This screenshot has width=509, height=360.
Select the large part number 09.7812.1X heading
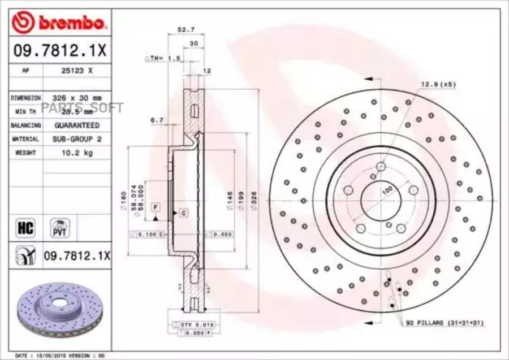[x=59, y=51]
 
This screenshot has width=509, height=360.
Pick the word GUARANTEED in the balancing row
[x=76, y=125]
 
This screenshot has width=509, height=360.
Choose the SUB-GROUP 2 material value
[x=76, y=138]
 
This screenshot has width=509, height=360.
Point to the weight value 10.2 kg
[x=76, y=153]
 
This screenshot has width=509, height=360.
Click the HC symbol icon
[x=26, y=228]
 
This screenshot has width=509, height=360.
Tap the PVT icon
[x=58, y=228]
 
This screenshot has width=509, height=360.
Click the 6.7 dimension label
[x=157, y=120]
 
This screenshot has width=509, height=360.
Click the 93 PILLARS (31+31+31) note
[x=445, y=322]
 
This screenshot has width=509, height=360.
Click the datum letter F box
[x=154, y=207]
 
